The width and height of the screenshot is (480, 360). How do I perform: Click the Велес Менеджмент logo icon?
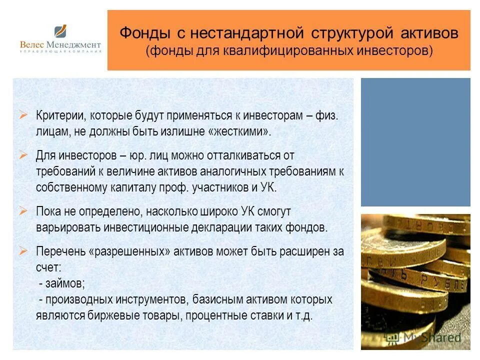point(60,32)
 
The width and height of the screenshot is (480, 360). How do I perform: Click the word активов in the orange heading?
point(429,34)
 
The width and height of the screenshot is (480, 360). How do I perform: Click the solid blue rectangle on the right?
point(415,142)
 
